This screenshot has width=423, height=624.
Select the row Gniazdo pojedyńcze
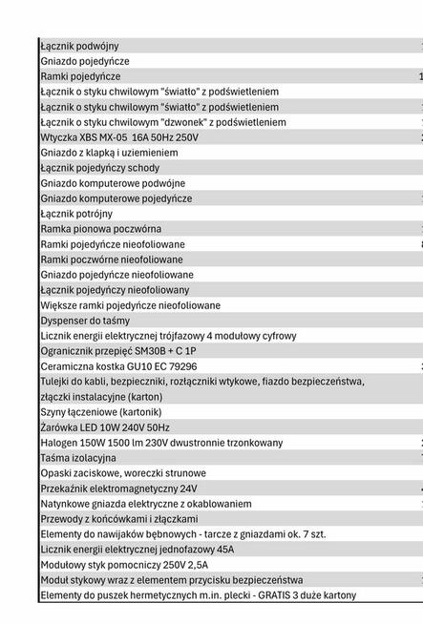pyautogui.click(x=85, y=61)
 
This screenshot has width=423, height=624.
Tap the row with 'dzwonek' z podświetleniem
pyautogui.click(x=162, y=122)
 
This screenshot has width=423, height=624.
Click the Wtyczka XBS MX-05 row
pyautogui.click(x=119, y=137)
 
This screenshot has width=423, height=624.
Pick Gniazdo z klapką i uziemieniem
pyautogui.click(x=109, y=153)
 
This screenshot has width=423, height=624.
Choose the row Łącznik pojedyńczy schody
pyautogui.click(x=99, y=168)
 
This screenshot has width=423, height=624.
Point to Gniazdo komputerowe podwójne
pyautogui.click(x=113, y=183)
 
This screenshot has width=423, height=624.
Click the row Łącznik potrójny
pyautogui.click(x=76, y=214)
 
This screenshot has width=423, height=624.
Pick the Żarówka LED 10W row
pyautogui.click(x=105, y=427)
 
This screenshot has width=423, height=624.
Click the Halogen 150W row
pyautogui.click(x=161, y=443)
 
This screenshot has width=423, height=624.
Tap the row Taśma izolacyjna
pyautogui.click(x=78, y=458)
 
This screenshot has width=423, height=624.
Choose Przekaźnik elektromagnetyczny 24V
pyautogui.click(x=118, y=489)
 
